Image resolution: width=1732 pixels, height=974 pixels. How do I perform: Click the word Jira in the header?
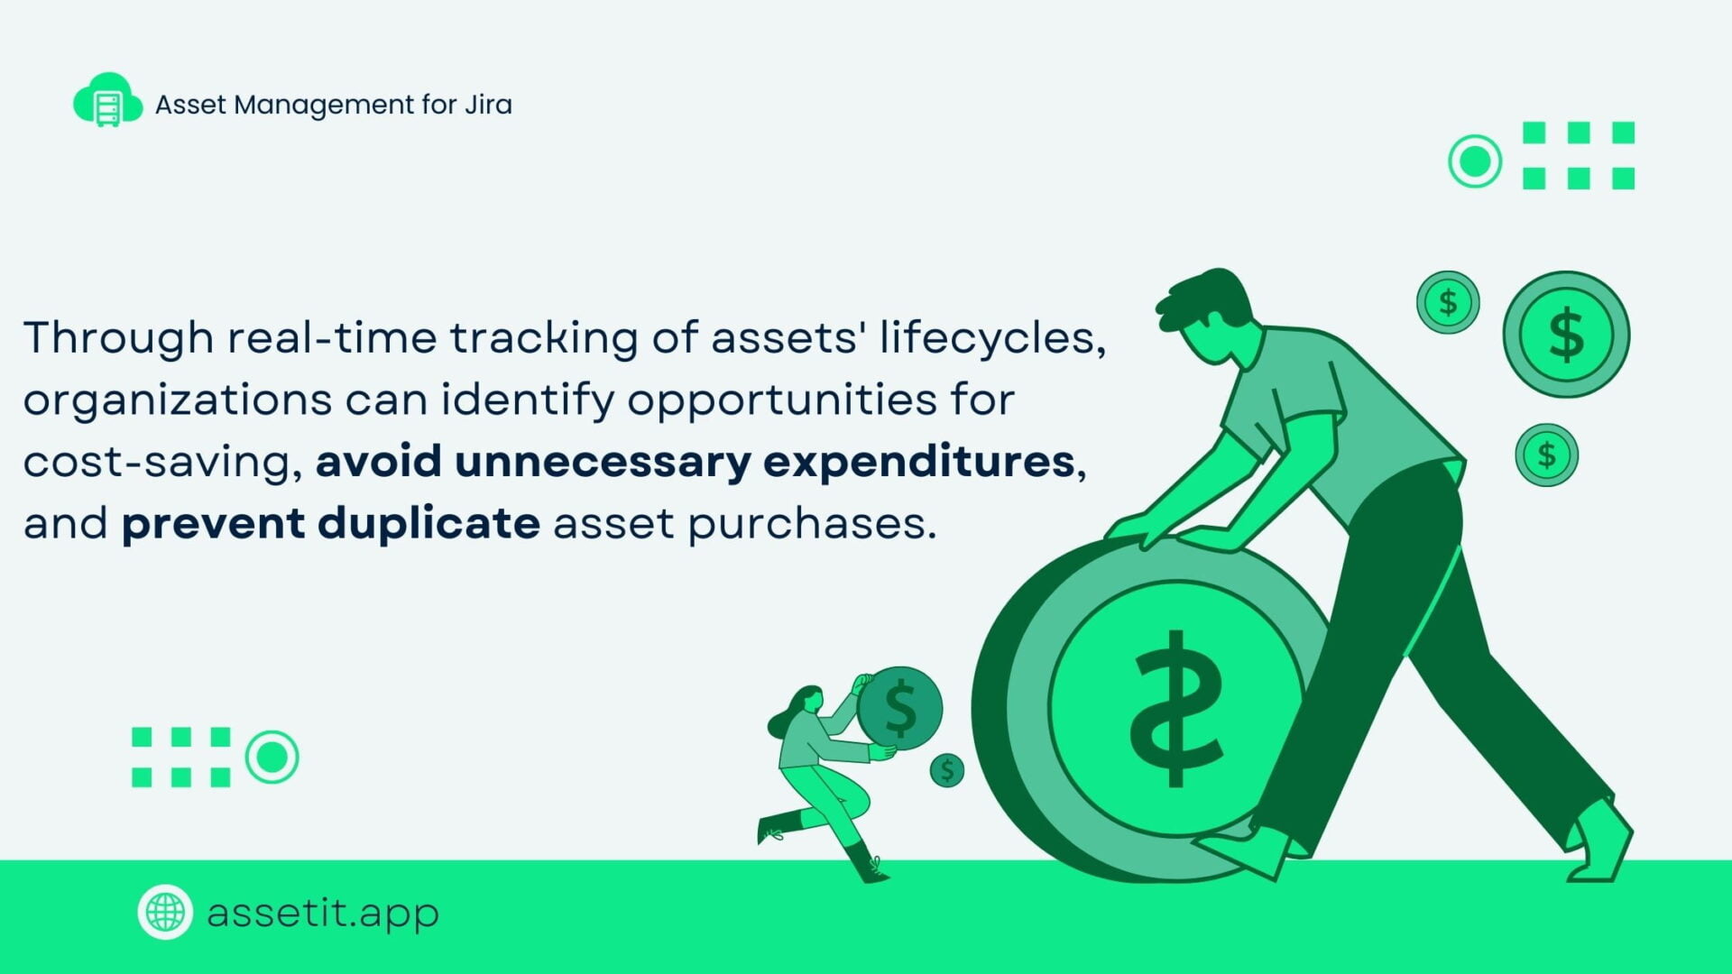tap(488, 105)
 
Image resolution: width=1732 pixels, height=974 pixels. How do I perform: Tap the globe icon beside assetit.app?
tap(165, 912)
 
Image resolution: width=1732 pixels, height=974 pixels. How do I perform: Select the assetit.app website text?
tap(323, 913)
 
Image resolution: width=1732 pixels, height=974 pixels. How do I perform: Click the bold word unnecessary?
tap(603, 461)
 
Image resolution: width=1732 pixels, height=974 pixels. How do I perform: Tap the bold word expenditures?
tap(919, 462)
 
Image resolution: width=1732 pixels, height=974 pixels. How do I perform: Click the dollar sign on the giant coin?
tap(1175, 708)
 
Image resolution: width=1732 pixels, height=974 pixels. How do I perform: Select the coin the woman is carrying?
tap(899, 708)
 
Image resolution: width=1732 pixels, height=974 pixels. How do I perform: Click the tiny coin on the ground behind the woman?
tap(947, 770)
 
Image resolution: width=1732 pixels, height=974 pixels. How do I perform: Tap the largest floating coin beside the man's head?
tap(1566, 334)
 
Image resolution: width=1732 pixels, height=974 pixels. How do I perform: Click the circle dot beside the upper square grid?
tap(1475, 161)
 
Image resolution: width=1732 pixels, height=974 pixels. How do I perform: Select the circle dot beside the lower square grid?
tap(272, 758)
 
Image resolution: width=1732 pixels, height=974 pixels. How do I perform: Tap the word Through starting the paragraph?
tap(118, 338)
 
